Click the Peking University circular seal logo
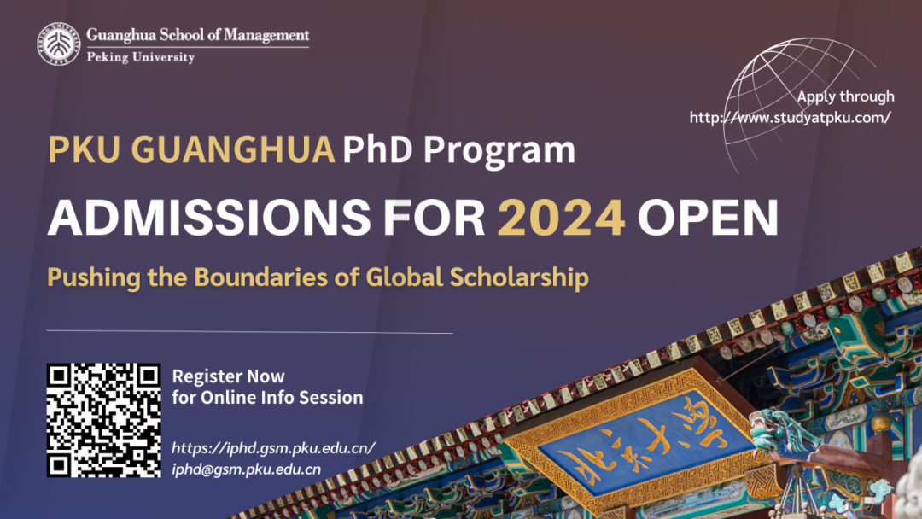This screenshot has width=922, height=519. (x=59, y=44)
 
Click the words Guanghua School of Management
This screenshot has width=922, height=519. (x=197, y=35)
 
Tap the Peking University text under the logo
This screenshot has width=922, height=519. (x=141, y=57)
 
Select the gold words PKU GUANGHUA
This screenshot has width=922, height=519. (x=191, y=149)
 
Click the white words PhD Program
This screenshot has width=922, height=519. (x=458, y=150)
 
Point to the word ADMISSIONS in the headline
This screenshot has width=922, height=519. (x=209, y=218)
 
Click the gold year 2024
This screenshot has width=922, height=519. (x=561, y=218)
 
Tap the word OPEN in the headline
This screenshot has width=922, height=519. (x=708, y=218)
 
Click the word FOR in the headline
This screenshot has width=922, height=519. (x=434, y=218)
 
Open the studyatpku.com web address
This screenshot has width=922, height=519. (x=791, y=118)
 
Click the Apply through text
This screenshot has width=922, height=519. (x=845, y=96)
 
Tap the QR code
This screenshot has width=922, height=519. (x=104, y=420)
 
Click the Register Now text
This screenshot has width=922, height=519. (x=228, y=376)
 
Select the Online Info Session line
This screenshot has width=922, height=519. (x=267, y=397)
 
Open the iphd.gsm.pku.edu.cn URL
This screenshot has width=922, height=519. (x=273, y=448)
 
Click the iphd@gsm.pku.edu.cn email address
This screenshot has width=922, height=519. (x=247, y=469)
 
